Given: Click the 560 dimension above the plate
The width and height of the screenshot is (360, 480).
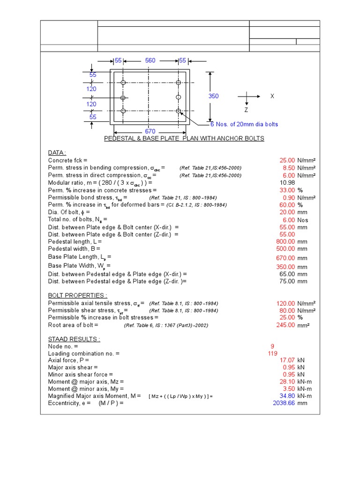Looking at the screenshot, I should [x=150, y=60].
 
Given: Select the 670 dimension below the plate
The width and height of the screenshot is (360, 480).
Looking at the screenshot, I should [x=150, y=132].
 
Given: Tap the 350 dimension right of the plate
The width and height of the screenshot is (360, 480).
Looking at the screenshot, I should [x=213, y=96].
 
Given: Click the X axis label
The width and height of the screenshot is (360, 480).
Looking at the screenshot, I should [x=272, y=96].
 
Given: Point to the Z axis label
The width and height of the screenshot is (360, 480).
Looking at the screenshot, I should [x=246, y=110].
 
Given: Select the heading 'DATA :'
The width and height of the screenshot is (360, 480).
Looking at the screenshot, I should [x=57, y=153].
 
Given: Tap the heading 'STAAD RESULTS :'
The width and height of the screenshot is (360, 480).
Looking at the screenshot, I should [x=74, y=339].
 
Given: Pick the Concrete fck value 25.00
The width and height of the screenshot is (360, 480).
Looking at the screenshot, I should [x=287, y=160].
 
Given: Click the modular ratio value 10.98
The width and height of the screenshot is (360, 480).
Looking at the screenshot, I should [x=287, y=182].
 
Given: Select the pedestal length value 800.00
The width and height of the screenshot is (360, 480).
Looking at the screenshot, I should [x=285, y=241].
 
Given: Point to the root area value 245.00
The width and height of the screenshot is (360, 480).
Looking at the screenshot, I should [x=285, y=325].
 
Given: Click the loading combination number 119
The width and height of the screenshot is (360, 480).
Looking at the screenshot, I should [x=272, y=353].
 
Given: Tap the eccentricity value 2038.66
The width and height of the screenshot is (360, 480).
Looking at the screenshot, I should [x=284, y=403].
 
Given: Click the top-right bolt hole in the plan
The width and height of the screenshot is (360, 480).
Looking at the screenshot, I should [x=178, y=83].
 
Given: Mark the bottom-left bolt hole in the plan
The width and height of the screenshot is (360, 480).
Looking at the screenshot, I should [x=123, y=111].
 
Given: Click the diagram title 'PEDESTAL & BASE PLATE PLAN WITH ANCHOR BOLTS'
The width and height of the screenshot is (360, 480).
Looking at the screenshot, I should [x=184, y=139].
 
